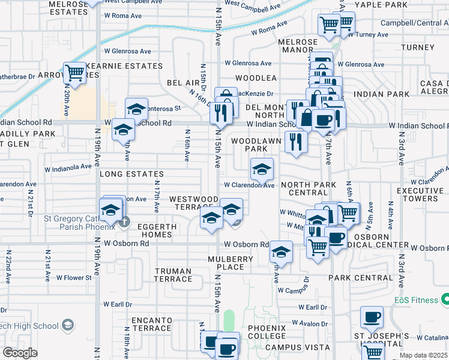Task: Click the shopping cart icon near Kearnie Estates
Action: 74,73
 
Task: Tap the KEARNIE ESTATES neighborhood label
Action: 133,65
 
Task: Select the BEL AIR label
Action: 182,82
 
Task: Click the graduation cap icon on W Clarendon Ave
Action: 262,170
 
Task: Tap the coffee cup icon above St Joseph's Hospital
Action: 372,317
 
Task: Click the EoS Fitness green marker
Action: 445,299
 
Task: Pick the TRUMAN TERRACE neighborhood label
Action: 173,275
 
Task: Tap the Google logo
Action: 20,353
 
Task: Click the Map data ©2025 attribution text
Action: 423,356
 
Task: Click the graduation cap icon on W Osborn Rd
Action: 280,253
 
